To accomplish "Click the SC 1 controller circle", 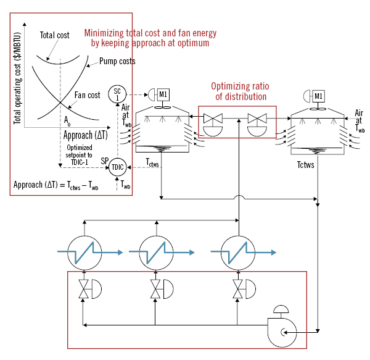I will click(x=117, y=94).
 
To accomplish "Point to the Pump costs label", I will click(x=117, y=62).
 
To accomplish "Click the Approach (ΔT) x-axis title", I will click(x=86, y=135).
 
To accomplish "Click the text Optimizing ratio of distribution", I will click(x=239, y=91).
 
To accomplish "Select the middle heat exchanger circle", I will click(x=159, y=251).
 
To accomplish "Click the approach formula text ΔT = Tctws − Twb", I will click(x=56, y=185).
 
